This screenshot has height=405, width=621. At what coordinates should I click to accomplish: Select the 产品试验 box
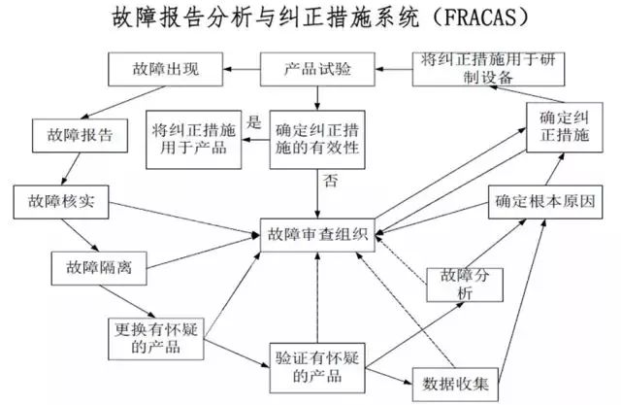click(318, 69)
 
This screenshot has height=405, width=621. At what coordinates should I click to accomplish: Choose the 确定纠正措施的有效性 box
click(318, 137)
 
